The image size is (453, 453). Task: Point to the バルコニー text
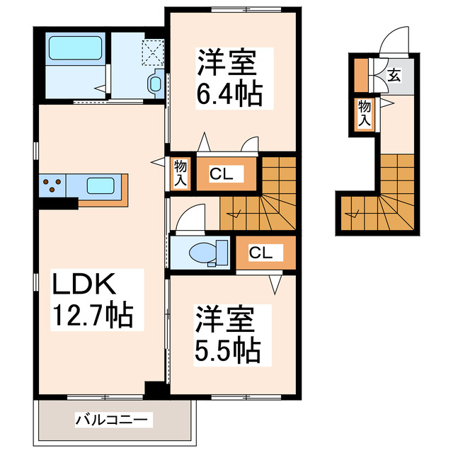click(114, 420)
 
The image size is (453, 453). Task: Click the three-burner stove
click(52, 188)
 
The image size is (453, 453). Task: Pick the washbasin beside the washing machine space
click(154, 83)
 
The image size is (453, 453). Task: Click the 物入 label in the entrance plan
click(363, 113)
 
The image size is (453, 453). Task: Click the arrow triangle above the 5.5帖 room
click(275, 284)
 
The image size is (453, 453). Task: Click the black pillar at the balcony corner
click(154, 389)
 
